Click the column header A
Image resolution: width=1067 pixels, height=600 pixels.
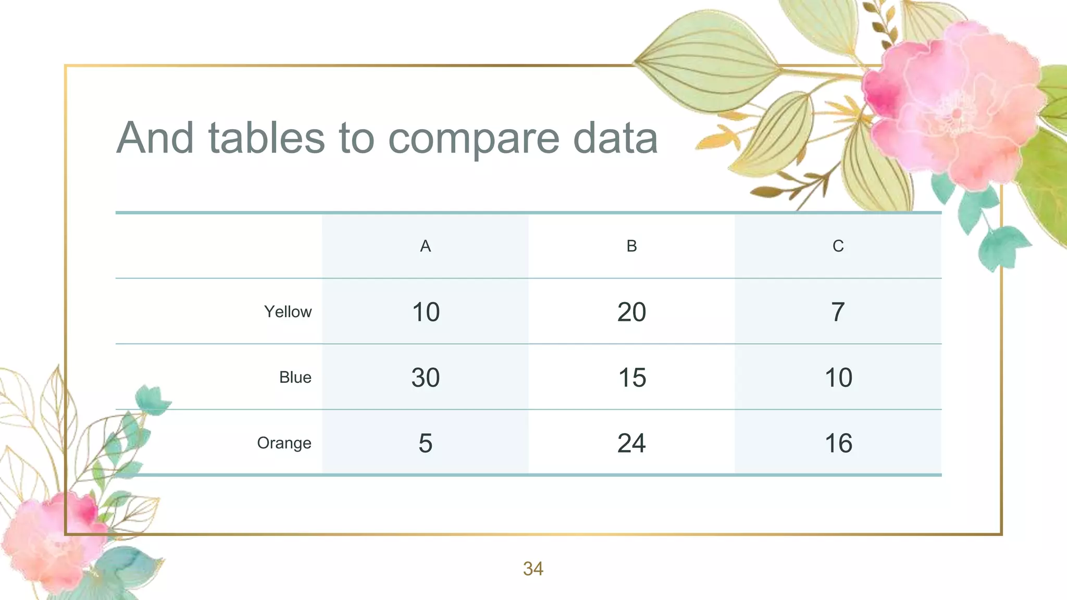pos(425,246)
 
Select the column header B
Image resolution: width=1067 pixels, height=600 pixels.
pos(631,246)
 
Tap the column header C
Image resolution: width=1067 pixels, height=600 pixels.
pos(838,246)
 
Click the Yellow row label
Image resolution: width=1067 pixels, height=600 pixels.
pos(288,311)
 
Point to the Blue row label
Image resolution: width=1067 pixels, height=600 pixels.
pos(295,377)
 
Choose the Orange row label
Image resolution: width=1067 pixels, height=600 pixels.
pos(284,443)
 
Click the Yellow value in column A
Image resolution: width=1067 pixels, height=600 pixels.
pos(426,312)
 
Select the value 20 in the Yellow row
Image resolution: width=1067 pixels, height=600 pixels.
pos(631,312)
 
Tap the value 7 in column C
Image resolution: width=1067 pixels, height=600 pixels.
pos(838,312)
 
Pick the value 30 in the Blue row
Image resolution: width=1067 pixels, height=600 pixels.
pos(426,378)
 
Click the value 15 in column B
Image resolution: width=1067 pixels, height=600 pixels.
pos(632,378)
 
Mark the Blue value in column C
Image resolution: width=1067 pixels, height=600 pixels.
pos(838,378)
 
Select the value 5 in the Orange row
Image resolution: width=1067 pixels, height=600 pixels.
pos(425,443)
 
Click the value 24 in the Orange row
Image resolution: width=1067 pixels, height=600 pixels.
pos(631,443)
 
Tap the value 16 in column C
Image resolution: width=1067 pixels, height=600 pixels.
pos(838,443)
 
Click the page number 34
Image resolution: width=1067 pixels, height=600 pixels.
pos(533,569)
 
